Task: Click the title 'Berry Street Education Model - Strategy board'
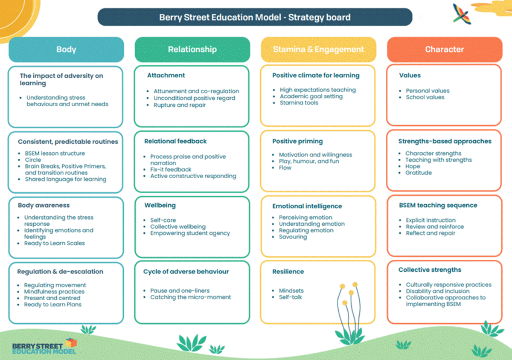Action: coord(255,17)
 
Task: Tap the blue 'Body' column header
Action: coord(66,49)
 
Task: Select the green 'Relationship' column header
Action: coord(192,49)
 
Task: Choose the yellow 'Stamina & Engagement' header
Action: coord(318,49)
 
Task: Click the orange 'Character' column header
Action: coord(445,49)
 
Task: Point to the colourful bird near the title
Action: coord(461,14)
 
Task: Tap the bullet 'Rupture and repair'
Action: coord(180,105)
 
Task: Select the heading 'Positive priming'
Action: coord(297,141)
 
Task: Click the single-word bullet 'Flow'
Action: coord(285,168)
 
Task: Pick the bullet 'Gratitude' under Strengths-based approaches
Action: coord(419,173)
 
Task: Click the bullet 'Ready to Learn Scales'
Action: coord(55,243)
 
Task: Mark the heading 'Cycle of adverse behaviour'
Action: coord(186,271)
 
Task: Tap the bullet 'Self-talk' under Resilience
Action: coord(290,297)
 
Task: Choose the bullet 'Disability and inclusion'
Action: coord(437,291)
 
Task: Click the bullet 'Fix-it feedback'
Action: coord(171,169)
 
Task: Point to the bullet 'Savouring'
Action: coord(293,237)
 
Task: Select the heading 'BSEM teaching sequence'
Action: coord(438,205)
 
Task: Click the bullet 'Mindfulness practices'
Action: coord(54,291)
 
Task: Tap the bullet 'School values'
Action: coord(425,97)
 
